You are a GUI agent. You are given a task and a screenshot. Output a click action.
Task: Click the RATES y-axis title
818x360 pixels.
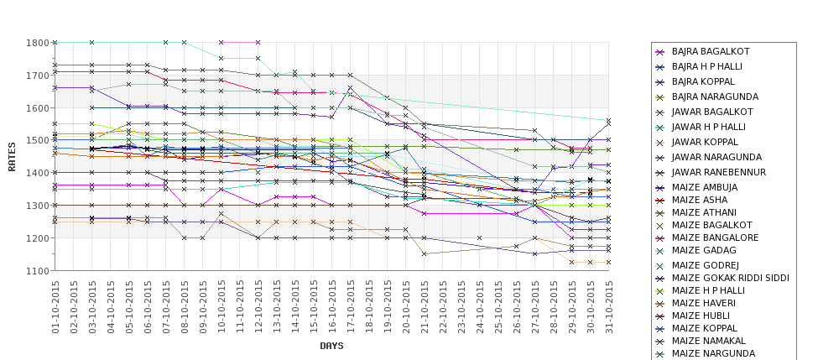pyautogui.click(x=12, y=156)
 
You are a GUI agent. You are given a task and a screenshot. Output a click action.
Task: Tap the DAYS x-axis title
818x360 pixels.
pyautogui.click(x=332, y=346)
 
